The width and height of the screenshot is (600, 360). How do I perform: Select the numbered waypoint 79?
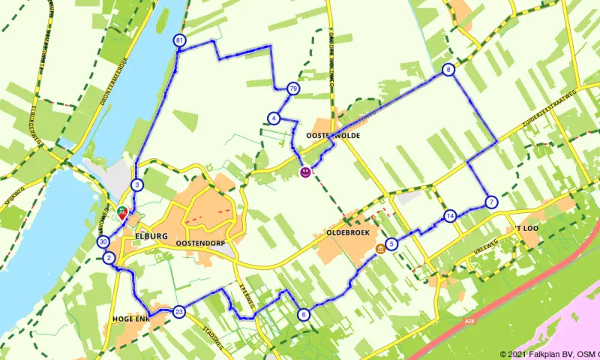click(292, 88)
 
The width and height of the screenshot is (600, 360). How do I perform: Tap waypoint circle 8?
click(448, 70)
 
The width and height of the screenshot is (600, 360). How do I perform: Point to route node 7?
click(490, 202)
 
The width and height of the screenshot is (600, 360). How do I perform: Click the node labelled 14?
click(449, 216)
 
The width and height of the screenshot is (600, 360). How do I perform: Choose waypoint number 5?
click(392, 242)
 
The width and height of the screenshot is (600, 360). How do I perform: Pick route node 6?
click(303, 314)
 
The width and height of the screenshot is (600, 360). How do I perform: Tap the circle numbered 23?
click(178, 311)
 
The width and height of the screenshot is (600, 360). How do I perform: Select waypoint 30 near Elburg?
click(103, 241)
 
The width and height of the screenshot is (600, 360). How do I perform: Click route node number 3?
click(136, 184)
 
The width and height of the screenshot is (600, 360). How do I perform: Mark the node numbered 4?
click(274, 118)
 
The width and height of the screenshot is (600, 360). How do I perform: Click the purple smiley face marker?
click(305, 172)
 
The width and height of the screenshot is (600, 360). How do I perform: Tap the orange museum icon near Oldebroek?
click(381, 249)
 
